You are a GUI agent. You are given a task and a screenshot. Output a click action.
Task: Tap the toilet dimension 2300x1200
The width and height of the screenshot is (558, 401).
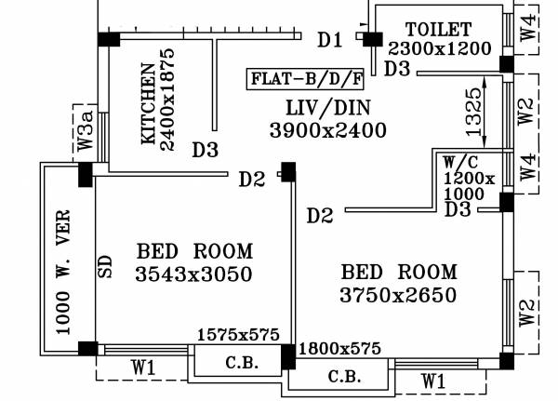point(439,47)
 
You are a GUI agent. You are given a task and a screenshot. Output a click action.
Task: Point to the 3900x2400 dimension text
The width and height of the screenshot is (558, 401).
point(327,131)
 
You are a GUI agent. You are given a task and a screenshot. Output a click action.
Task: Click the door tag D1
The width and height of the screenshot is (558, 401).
point(329,40)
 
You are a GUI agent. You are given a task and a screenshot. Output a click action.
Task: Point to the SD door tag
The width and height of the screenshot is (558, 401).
point(105,266)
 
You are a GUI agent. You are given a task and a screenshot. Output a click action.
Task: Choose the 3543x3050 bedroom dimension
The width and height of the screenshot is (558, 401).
point(193,274)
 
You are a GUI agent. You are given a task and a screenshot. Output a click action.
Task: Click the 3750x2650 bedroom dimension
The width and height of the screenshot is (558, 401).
point(399,296)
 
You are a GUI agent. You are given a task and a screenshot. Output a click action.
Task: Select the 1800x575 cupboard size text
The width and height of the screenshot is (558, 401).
point(339,350)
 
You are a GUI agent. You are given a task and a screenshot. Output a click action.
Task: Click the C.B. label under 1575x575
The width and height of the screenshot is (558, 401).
point(236,363)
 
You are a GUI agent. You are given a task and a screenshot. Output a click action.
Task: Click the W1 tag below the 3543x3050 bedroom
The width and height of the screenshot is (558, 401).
point(142,368)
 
